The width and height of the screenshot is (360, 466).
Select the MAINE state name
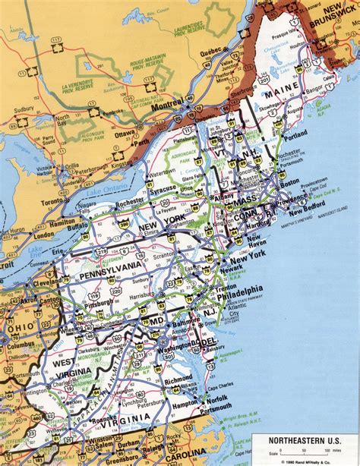pyautogui.click(x=279, y=96)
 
